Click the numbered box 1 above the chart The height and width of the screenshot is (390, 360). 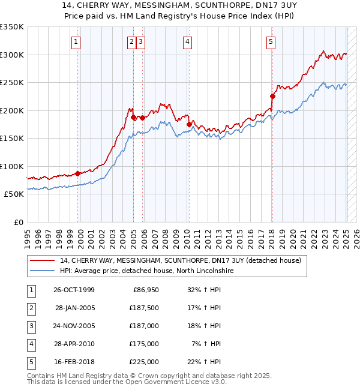pos(77,42)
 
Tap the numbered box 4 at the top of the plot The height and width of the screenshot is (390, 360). pos(188,42)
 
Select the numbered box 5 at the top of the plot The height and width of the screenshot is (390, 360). pos(271,42)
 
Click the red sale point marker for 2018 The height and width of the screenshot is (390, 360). pos(272,96)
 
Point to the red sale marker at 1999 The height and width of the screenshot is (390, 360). pos(78,173)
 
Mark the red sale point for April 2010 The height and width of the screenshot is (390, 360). pos(189,124)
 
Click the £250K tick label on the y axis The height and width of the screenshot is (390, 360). pos(12,82)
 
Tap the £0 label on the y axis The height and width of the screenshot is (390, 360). pos(18,222)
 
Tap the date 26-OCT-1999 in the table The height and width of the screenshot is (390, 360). pos(74,290)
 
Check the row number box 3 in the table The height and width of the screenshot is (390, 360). pos(30,326)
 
